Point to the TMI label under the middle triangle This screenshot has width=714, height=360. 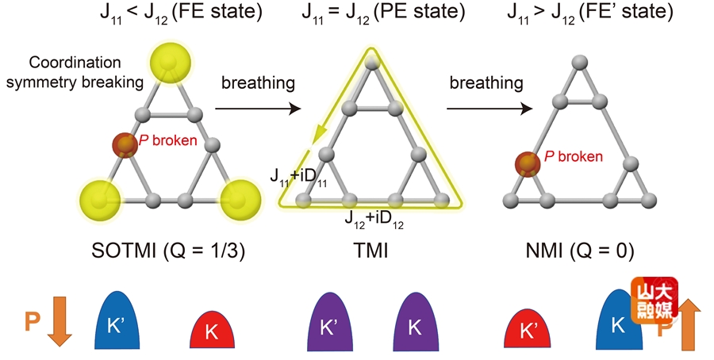click(x=367, y=252)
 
